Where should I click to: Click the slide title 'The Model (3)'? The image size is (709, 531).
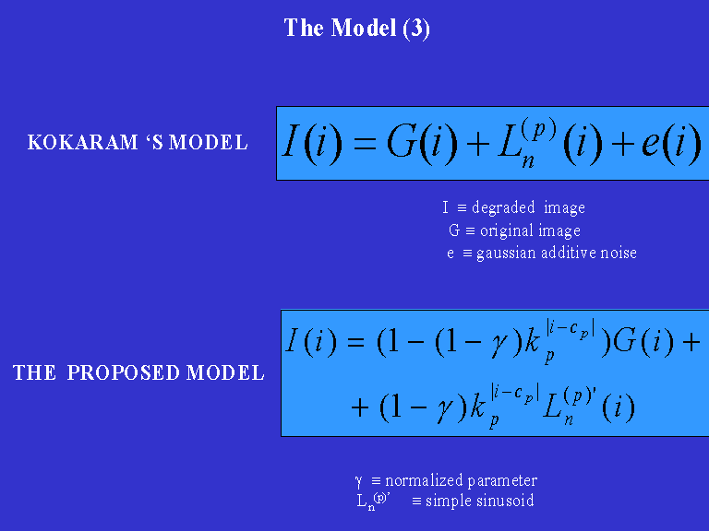click(356, 29)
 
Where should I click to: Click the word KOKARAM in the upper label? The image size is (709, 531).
click(78, 143)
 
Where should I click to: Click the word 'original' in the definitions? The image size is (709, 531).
click(504, 230)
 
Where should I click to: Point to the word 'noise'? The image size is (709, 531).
click(617, 253)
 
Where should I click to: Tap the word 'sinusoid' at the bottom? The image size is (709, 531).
click(503, 501)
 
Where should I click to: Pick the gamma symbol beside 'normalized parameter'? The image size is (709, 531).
click(358, 481)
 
